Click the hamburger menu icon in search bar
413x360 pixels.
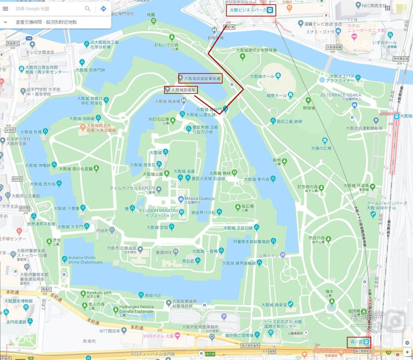tap(6, 8)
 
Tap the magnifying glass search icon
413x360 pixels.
tap(88, 8)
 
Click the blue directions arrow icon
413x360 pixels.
tap(103, 8)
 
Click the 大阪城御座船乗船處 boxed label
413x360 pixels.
tap(200, 78)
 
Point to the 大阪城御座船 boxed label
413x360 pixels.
tap(181, 90)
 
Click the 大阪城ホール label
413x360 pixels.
tap(262, 77)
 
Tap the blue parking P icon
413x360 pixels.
tap(224, 317)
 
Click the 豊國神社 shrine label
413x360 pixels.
tap(162, 252)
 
